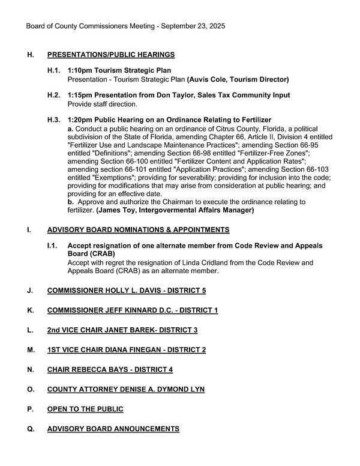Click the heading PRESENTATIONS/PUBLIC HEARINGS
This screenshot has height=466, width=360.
tap(111, 55)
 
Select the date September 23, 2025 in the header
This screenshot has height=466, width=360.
tap(190, 26)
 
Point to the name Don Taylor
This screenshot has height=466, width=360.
tap(166, 95)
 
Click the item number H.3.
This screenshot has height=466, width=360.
tap(54, 120)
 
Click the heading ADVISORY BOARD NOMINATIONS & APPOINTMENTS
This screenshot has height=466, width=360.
tap(138, 229)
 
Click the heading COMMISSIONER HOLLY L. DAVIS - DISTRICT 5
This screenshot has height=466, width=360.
tap(127, 290)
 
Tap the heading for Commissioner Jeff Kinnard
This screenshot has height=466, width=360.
tap(133, 310)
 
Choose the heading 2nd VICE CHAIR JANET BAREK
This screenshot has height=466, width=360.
tap(122, 330)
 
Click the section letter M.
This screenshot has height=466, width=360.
tap(31, 349)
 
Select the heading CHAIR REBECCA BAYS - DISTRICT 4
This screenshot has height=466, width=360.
tap(110, 369)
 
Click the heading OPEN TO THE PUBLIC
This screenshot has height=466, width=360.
tap(85, 409)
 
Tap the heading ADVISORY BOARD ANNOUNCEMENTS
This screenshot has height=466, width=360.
tap(113, 429)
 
